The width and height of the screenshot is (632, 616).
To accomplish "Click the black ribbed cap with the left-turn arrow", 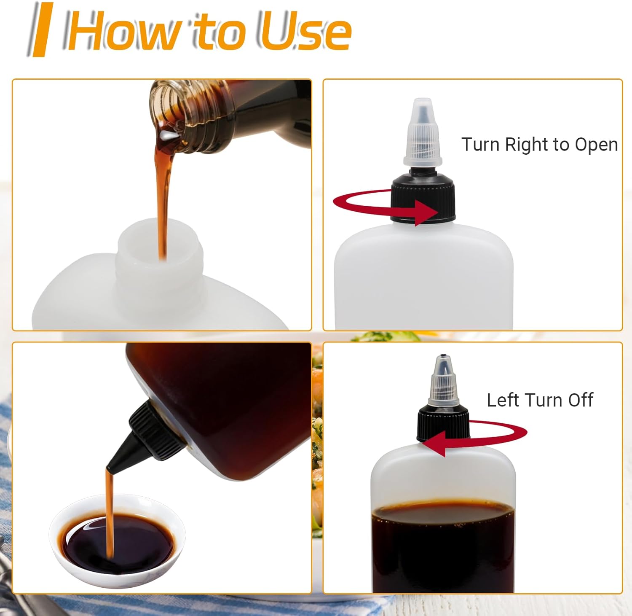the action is [443, 423].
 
